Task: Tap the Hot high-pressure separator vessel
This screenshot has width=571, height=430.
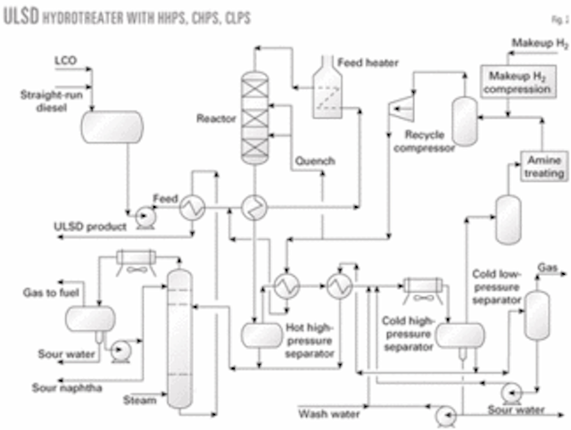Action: click(x=260, y=333)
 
